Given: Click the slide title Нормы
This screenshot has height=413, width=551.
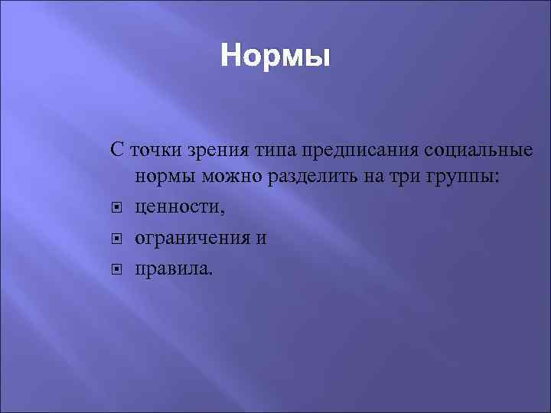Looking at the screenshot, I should coord(275,57).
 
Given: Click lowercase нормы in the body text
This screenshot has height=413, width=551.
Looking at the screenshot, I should coord(166,178).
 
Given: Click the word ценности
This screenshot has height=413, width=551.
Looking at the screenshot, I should coord(178,208).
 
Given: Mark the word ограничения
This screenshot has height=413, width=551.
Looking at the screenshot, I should coord(191,239).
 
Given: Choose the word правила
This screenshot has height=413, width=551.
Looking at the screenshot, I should coord(171,269).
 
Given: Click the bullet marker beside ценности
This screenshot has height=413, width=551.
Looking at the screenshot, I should coord(117,208).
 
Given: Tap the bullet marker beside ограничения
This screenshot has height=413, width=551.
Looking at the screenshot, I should coord(117,239).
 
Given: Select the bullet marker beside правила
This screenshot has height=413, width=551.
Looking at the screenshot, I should coord(117,269).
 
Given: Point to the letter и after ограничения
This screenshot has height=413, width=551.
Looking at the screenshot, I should coord(261,239).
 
